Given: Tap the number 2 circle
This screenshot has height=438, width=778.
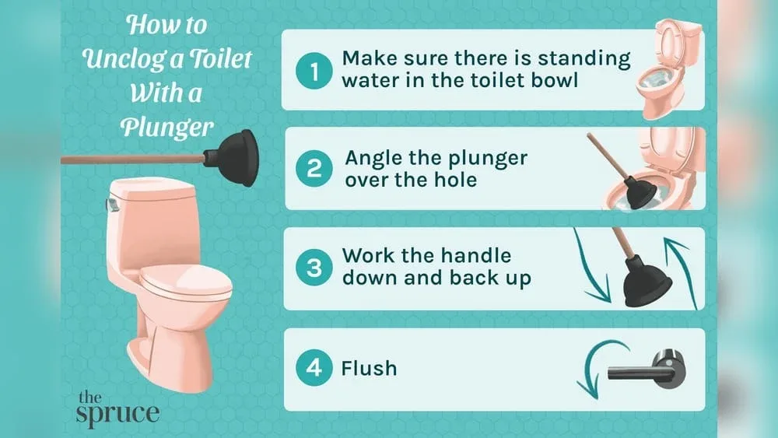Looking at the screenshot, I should pos(314,170).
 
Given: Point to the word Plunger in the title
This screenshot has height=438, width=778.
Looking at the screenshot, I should pos(167,127).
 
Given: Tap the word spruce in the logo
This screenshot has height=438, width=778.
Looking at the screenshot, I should pos(117,412).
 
